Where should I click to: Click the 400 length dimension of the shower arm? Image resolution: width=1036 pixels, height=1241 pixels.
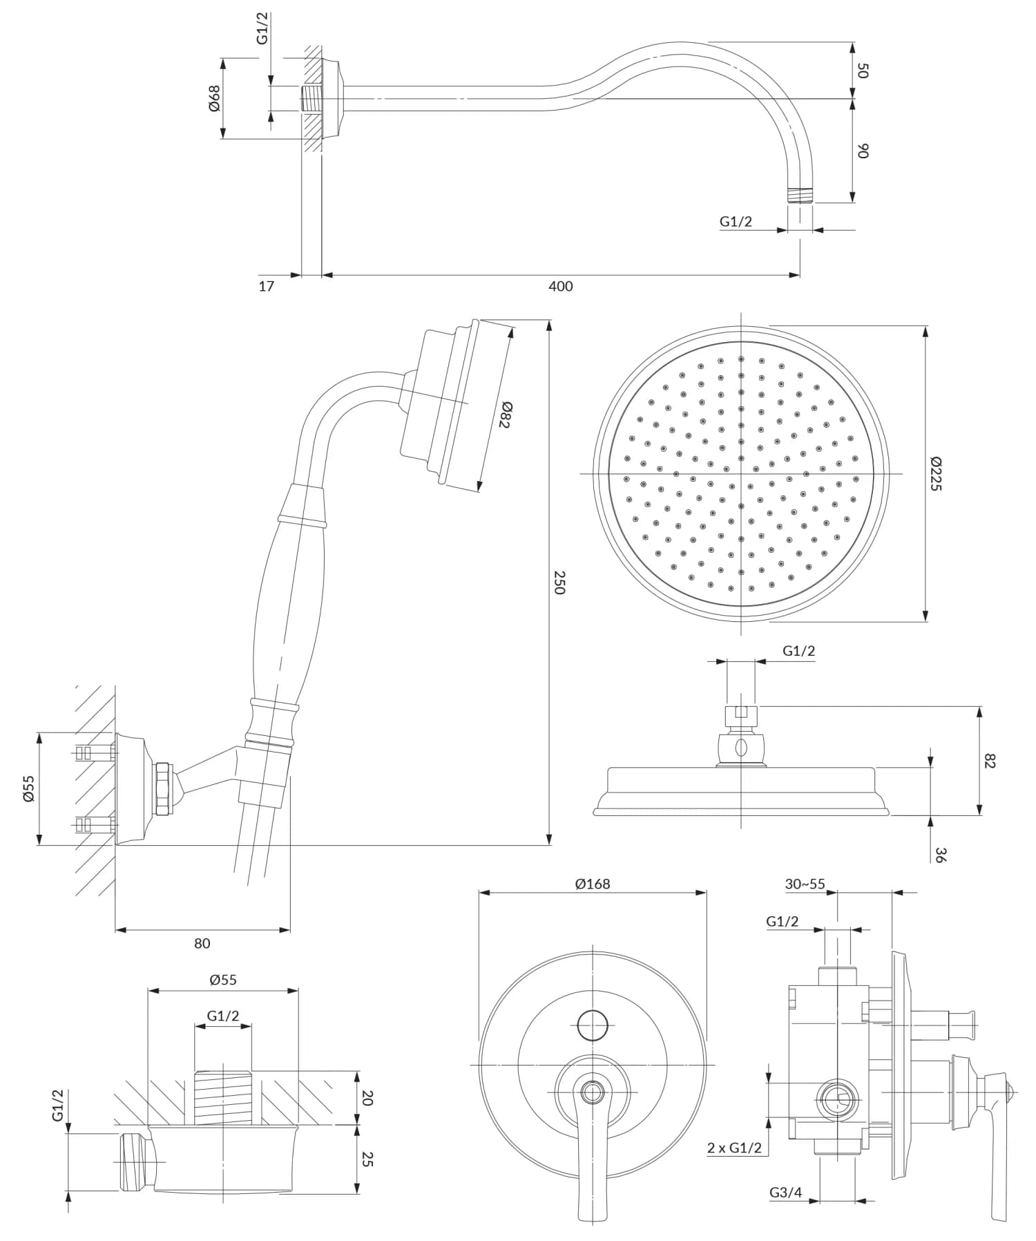tap(560, 286)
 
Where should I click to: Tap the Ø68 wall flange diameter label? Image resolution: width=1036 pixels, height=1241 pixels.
tap(214, 99)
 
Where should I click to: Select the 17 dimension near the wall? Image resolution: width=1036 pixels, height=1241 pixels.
tap(266, 286)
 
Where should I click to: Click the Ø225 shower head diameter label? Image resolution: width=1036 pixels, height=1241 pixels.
tap(935, 473)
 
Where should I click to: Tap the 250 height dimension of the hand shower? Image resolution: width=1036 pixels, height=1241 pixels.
tap(559, 582)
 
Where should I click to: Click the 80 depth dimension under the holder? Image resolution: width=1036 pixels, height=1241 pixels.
tap(202, 943)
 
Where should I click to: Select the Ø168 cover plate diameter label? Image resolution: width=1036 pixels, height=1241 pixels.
tap(592, 883)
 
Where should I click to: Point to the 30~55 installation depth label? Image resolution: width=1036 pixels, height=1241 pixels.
tap(805, 884)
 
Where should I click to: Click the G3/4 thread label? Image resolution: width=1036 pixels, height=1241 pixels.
tap(786, 1192)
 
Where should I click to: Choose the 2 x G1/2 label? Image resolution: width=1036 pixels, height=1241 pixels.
tap(734, 1148)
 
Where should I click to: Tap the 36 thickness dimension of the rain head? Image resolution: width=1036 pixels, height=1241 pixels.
tap(940, 854)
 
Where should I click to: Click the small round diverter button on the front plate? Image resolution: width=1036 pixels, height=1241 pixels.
tap(593, 1025)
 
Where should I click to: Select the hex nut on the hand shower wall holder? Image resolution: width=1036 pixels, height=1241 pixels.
tap(163, 788)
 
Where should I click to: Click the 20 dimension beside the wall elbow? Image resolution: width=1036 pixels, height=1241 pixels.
tap(367, 1098)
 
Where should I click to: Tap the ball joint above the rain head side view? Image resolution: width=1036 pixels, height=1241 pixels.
tap(741, 747)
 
